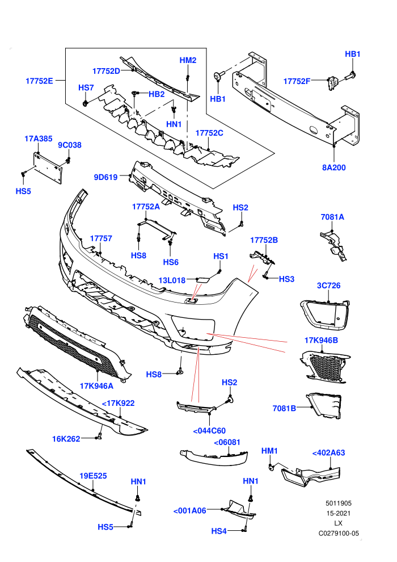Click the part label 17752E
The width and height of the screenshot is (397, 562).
point(39,81)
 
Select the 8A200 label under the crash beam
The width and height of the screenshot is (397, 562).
point(333,167)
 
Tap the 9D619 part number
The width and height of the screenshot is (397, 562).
point(105,177)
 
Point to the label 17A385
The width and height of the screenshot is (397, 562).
point(39,139)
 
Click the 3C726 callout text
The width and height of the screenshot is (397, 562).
point(328,286)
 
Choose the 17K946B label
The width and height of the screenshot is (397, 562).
point(321,340)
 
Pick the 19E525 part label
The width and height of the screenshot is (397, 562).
point(93,476)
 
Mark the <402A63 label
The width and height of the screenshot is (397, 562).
point(328,453)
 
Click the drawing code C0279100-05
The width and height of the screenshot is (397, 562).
point(339,533)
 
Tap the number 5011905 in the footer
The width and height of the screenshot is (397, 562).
point(339,503)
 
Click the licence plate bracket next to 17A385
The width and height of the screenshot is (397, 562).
point(48,167)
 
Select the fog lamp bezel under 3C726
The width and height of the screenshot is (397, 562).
point(324,314)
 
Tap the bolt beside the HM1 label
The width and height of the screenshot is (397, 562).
point(271,467)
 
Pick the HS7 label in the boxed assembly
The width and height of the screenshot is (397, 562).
point(86,88)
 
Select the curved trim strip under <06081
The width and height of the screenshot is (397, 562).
point(214,458)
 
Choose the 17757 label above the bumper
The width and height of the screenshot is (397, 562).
point(101,238)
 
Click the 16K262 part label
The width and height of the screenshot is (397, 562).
point(66,439)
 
